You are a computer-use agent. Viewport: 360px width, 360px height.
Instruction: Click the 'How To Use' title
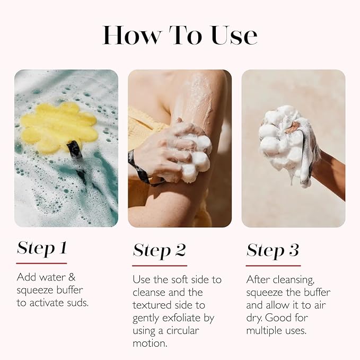coord(180,35)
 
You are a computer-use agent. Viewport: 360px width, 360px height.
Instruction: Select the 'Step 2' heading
coord(159,250)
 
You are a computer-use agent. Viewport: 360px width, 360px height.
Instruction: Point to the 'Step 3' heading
coord(273,250)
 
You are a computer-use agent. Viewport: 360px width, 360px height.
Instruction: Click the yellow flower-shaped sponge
coord(58,127)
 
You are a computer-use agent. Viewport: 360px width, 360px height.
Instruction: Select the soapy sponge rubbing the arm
coord(191,154)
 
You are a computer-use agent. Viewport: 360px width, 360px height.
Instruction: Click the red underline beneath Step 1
coord(41,263)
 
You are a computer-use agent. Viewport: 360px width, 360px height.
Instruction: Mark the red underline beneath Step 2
coord(160,265)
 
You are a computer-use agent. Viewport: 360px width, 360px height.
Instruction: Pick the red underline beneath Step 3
coord(273,265)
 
